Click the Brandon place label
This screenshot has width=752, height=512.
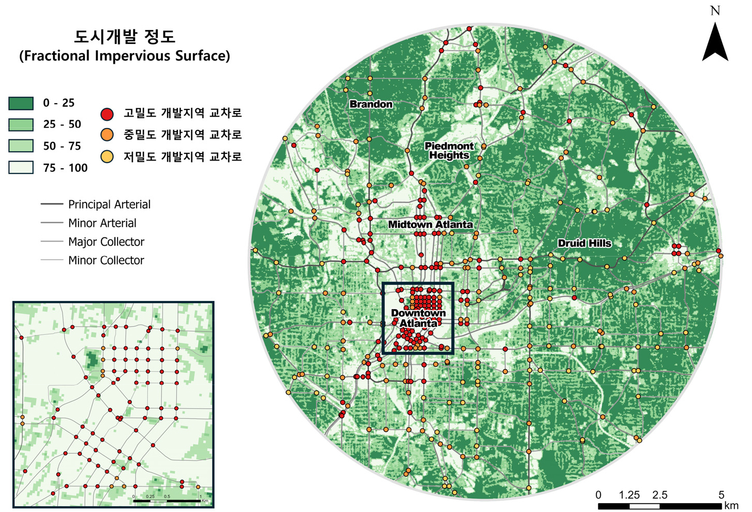click(371, 104)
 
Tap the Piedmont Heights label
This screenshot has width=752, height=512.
click(449, 151)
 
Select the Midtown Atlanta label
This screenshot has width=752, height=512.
click(430, 225)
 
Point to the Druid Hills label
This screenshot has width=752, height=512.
click(584, 243)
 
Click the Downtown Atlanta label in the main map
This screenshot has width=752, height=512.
click(418, 318)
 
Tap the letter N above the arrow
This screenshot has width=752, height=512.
click(715, 11)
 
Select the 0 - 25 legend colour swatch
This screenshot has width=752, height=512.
click(21, 103)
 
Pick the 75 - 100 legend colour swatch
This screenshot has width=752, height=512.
click(21, 168)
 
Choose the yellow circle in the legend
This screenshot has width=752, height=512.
click(107, 157)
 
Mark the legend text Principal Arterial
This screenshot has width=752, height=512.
click(109, 204)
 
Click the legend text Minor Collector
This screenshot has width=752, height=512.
click(106, 261)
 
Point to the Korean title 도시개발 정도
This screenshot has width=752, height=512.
click(125, 37)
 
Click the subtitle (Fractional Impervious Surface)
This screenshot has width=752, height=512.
click(125, 56)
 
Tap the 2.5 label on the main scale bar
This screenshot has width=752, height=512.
click(659, 495)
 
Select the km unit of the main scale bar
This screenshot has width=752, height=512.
click(731, 506)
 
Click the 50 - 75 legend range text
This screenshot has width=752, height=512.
click(62, 146)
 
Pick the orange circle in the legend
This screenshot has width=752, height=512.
click(107, 135)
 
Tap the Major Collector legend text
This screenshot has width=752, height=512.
click(106, 242)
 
